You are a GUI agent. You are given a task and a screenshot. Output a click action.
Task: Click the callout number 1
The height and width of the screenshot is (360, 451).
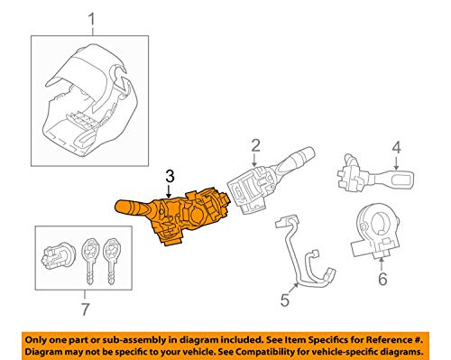pos(88,19)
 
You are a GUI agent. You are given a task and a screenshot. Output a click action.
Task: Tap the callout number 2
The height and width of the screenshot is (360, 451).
pos(255,144)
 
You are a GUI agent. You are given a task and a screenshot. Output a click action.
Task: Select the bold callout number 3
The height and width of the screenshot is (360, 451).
pos(171,178)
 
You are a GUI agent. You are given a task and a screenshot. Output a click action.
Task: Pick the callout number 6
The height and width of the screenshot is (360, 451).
pos(382,281)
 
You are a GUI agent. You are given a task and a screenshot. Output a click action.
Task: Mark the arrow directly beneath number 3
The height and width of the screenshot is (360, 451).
pos(171,191)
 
